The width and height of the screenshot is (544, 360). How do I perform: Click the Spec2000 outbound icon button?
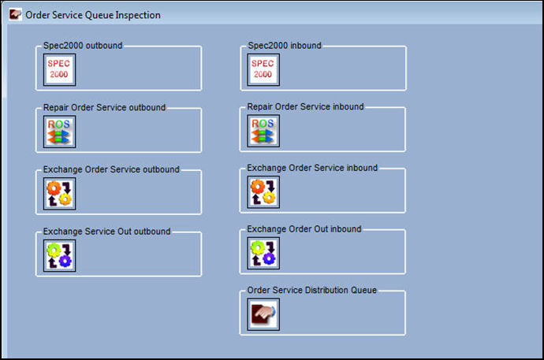[59, 69]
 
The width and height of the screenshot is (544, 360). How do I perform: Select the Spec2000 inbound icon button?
[263, 69]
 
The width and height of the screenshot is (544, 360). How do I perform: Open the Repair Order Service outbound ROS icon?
[59, 132]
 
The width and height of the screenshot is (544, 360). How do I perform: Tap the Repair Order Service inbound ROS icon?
[263, 131]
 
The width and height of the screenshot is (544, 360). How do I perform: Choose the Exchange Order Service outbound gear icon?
[59, 194]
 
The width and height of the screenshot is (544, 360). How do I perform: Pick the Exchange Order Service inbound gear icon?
[263, 192]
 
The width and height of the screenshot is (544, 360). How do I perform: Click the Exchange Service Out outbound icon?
[59, 256]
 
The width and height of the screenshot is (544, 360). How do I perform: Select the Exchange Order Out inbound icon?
[263, 254]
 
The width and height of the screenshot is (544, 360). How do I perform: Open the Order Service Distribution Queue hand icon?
[263, 314]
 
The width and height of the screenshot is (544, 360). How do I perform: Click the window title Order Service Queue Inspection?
[93, 15]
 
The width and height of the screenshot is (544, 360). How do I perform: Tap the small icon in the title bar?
[15, 14]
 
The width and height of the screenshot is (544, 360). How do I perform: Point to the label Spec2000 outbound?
[83, 46]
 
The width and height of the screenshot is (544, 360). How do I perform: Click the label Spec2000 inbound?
[285, 46]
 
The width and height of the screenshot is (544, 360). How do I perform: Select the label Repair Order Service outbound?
[104, 107]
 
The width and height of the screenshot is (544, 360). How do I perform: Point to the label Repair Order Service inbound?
[305, 106]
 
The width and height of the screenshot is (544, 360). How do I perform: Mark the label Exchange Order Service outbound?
[111, 169]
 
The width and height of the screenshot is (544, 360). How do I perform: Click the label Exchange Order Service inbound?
[312, 168]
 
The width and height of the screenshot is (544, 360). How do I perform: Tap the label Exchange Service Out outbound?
[106, 232]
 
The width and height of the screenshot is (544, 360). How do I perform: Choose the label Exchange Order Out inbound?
[304, 229]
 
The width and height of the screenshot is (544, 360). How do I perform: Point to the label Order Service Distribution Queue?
[312, 290]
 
